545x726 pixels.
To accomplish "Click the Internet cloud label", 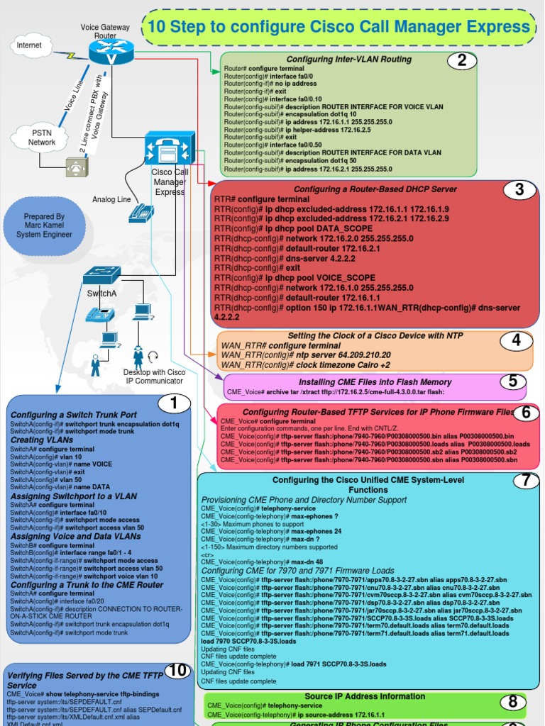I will pos(29,45).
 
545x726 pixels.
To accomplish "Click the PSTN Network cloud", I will pos(42,138).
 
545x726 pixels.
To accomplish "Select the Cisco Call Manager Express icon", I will pos(170,149).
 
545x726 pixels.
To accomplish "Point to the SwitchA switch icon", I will pos(101,277).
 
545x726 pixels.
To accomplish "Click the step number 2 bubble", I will pos(462,60).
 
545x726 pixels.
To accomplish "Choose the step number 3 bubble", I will pos(519,189).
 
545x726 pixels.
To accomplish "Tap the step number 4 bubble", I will pos(516,341).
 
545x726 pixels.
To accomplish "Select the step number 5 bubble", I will pos(512,381).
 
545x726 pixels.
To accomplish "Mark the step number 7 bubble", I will pos(526,480).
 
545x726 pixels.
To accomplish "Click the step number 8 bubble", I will pos(512,702).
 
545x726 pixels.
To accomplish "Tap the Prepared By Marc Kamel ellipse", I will pos(44,225).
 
